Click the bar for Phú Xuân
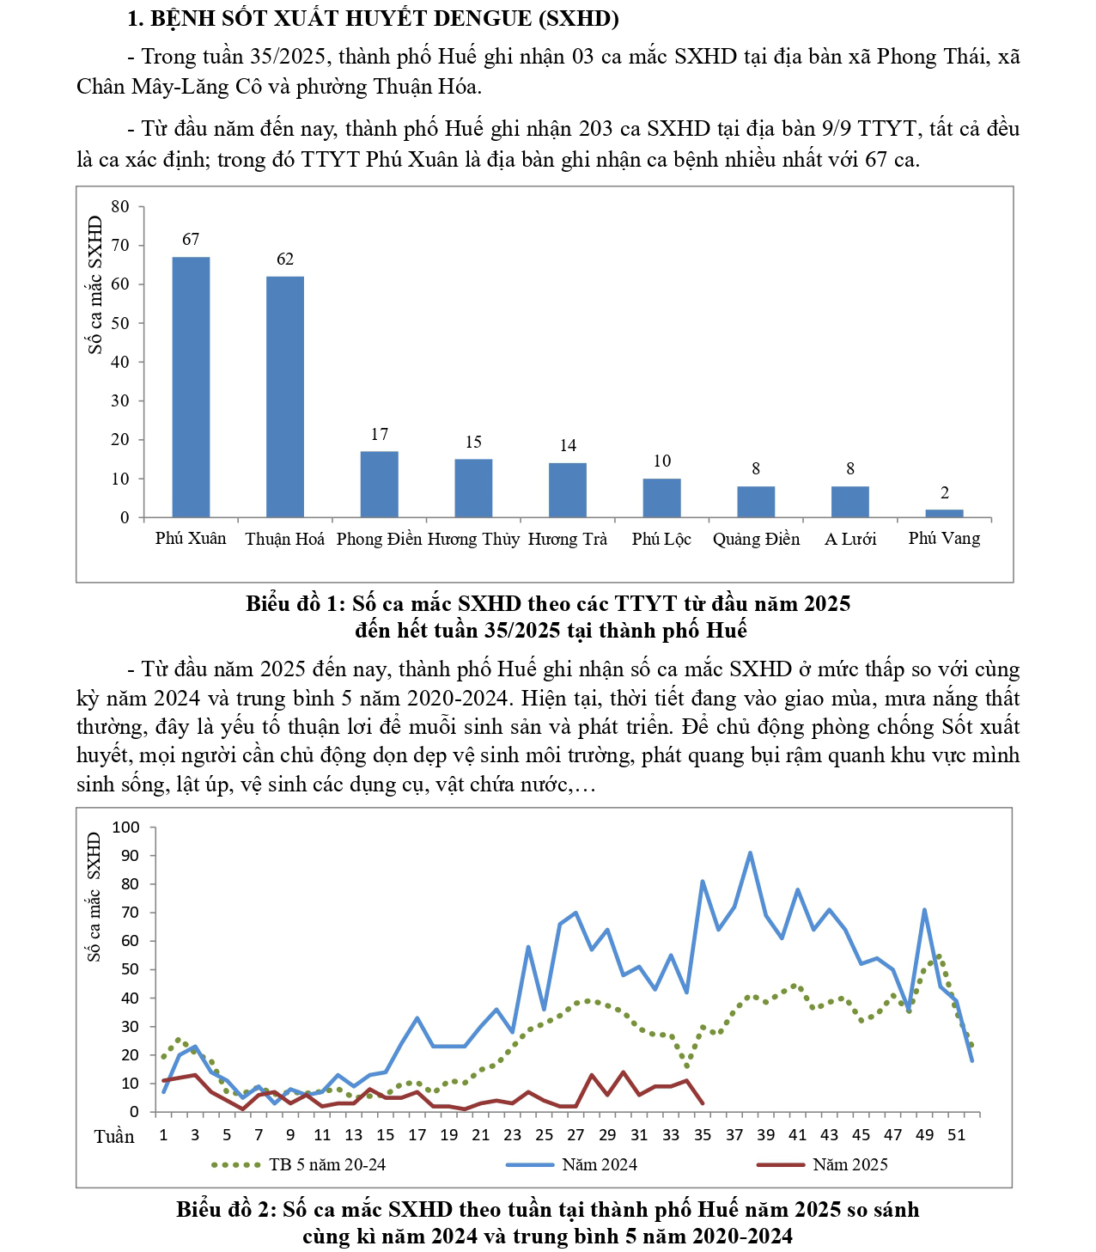pos(191,387)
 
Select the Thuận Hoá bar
pos(285,396)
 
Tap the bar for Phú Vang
pos(944,513)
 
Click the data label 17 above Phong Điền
pos(380,435)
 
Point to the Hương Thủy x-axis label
pos(474,539)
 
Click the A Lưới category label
pos(850,539)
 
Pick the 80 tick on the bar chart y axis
pos(120,206)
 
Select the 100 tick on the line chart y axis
pos(125,828)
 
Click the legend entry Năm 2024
pos(599,1165)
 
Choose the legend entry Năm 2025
pos(849,1165)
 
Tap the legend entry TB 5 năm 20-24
pos(326,1165)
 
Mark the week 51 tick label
pos(956,1134)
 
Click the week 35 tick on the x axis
pos(703,1134)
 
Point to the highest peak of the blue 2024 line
pos(750,853)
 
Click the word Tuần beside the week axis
pos(114,1136)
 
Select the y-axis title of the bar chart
pos(95,284)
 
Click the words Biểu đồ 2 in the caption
pos(225,1210)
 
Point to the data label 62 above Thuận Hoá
pos(285,259)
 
